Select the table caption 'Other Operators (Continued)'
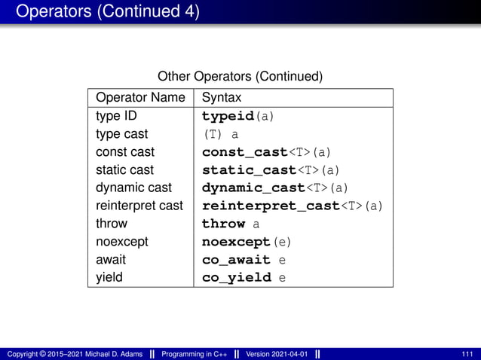pos(240,77)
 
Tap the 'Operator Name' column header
pos(140,98)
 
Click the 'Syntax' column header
pos(222,98)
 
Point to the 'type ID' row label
pos(116,117)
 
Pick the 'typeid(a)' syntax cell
pos(237,117)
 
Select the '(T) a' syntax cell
pos(220,135)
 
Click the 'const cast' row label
pos(125,152)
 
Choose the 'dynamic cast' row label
pos(133,188)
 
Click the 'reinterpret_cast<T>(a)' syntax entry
pos(293,206)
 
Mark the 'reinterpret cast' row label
pos(139,206)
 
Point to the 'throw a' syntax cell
pos(231,224)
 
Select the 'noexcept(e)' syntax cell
pos(246,242)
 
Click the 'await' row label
pos(111,259)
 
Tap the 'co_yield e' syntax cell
pos(244,277)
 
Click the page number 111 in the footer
pos(467,354)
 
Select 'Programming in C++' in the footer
pos(194,354)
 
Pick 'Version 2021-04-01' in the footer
pos(276,354)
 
